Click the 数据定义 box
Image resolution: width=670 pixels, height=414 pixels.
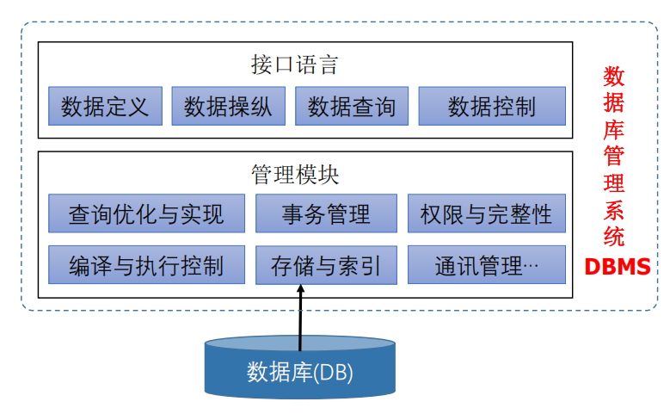[x=105, y=106]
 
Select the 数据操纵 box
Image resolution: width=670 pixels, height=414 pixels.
[x=228, y=106]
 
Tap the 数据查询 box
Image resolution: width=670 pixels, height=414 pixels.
[x=352, y=106]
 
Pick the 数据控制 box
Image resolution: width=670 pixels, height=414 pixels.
[x=491, y=106]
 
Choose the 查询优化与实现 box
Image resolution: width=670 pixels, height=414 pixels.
[x=146, y=213]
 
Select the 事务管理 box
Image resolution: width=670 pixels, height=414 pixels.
[x=326, y=213]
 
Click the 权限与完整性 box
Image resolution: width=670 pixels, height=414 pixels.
[x=486, y=213]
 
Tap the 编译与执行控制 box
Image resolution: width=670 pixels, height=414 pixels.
[x=146, y=265]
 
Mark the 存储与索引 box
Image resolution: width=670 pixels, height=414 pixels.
[x=326, y=265]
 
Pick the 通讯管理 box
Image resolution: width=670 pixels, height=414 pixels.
[x=486, y=265]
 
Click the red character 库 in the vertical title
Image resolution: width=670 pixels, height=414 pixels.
[x=614, y=130]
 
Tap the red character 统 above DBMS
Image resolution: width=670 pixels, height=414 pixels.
[x=614, y=236]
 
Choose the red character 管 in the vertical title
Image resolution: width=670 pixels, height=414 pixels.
[x=614, y=157]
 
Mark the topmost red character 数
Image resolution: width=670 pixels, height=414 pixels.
[x=614, y=77]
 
